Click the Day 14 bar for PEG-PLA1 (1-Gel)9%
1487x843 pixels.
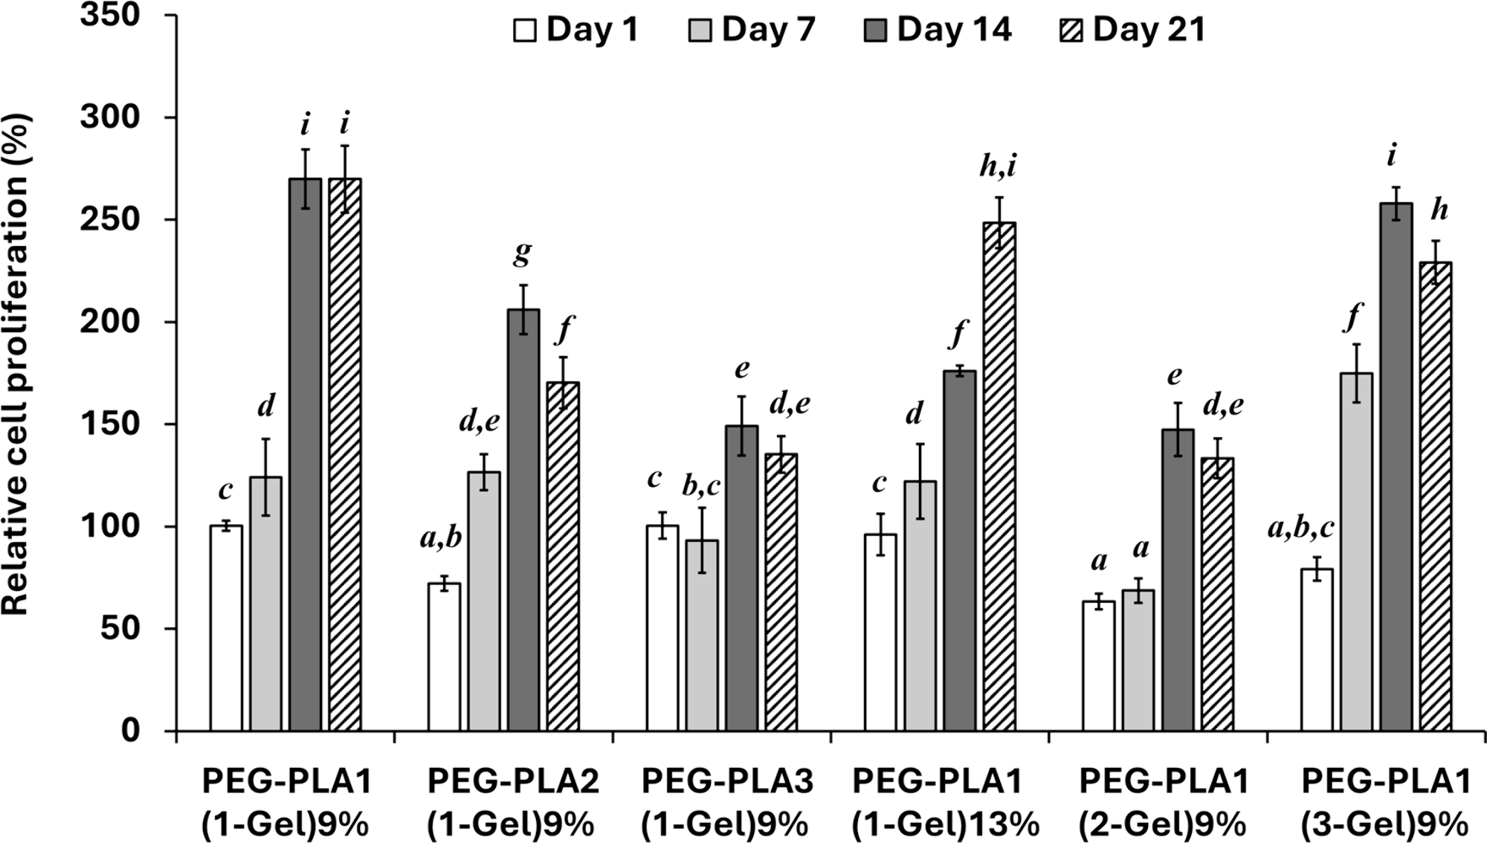306,453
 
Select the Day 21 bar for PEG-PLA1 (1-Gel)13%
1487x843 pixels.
999,476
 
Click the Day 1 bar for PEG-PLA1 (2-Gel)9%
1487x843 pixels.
1098,665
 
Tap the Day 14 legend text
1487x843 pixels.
954,30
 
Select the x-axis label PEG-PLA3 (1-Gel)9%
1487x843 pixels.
726,803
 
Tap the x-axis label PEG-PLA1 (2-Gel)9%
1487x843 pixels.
1164,803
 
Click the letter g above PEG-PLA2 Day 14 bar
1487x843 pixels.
523,253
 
